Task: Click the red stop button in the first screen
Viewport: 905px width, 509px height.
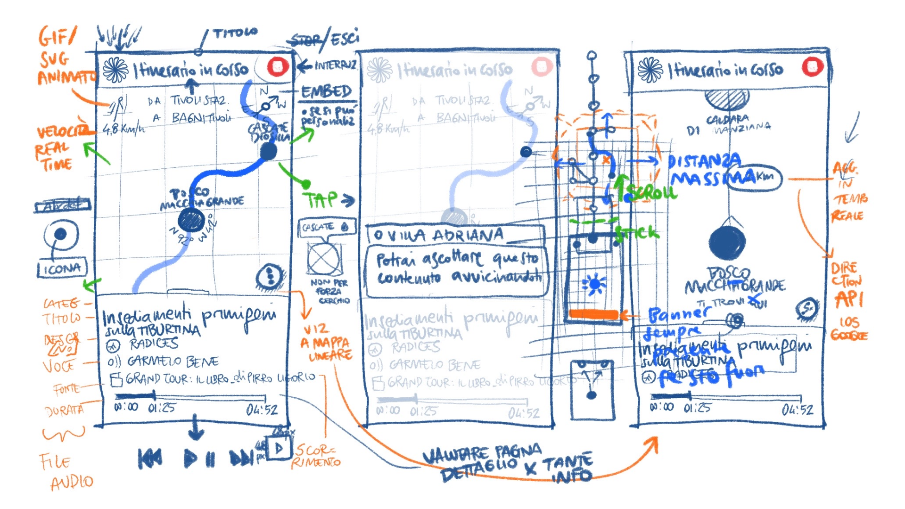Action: [x=278, y=66]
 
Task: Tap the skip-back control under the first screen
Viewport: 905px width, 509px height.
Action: [x=150, y=458]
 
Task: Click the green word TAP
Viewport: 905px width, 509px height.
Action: [x=321, y=200]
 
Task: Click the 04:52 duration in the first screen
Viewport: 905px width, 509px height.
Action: [x=262, y=410]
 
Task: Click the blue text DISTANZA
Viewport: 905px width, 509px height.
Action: [x=704, y=162]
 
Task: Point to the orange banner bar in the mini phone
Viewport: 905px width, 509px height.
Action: [x=594, y=314]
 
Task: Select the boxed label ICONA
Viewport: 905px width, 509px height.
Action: [x=62, y=269]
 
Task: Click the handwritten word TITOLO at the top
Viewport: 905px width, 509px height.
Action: [x=235, y=33]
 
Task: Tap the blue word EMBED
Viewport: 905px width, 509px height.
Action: [x=326, y=91]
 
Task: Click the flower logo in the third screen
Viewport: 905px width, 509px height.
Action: [x=650, y=70]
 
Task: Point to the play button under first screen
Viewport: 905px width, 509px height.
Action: [x=191, y=458]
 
